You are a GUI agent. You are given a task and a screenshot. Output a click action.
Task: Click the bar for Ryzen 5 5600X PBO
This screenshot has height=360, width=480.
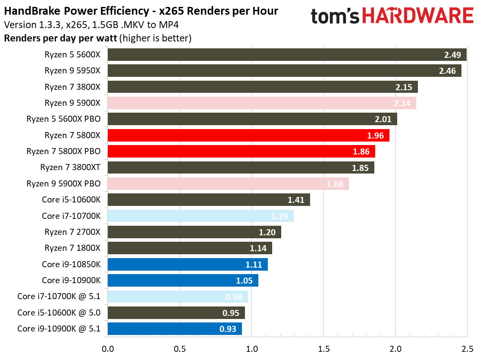(x=252, y=119)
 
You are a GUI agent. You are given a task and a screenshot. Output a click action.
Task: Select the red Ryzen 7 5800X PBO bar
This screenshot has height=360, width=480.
(x=241, y=152)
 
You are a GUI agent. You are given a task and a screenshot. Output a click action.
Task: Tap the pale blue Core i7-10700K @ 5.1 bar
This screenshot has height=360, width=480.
(x=177, y=297)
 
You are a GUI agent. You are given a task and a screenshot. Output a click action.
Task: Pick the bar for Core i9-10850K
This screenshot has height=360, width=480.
(x=187, y=264)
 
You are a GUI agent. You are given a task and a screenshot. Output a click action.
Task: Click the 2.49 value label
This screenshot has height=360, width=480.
(x=452, y=55)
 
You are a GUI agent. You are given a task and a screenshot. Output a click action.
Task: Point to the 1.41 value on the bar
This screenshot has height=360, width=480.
(x=296, y=200)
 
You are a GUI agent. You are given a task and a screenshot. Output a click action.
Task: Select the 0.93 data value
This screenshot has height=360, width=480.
(x=228, y=329)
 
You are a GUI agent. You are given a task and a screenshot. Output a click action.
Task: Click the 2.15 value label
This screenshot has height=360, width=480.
(x=404, y=87)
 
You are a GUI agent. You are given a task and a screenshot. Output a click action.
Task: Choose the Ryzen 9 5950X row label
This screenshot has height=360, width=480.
(x=72, y=71)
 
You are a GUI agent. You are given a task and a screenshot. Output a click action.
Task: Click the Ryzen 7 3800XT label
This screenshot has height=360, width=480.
(x=70, y=167)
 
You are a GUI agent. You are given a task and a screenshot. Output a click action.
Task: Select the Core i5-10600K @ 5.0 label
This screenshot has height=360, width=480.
(x=59, y=313)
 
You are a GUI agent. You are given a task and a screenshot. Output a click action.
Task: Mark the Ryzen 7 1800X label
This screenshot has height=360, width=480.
(x=72, y=248)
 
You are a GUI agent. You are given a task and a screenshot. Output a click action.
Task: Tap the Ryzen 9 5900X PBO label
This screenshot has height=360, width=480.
(x=63, y=183)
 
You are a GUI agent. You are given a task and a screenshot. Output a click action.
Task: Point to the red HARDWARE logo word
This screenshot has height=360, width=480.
(x=417, y=16)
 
